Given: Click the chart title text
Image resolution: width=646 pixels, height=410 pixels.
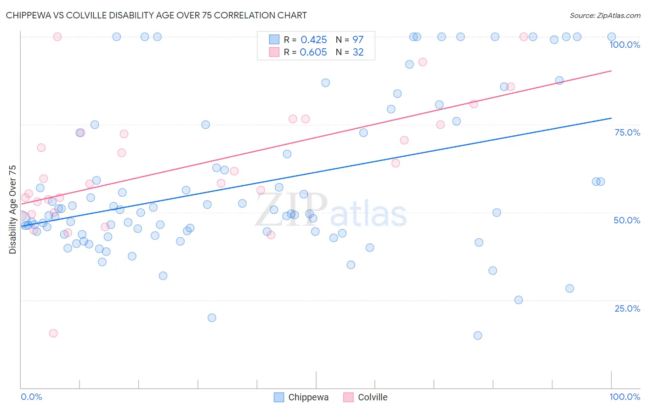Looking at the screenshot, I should (156, 15).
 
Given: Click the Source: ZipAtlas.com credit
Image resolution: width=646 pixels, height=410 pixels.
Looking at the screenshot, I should (605, 15).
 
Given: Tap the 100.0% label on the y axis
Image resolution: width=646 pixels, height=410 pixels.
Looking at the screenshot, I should (624, 45).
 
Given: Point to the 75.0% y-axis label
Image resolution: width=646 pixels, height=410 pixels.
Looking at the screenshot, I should (627, 132).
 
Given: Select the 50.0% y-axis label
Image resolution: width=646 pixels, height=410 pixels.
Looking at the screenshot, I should (627, 220).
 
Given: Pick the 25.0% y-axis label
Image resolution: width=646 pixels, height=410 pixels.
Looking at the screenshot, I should (627, 308).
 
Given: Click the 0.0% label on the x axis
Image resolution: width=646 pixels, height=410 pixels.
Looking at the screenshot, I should (31, 397).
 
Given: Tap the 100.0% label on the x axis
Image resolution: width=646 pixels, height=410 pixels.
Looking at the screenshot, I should (624, 397).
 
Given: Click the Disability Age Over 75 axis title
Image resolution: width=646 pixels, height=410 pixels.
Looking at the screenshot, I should (12, 210).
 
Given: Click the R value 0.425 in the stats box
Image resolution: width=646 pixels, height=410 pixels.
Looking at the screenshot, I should (313, 40).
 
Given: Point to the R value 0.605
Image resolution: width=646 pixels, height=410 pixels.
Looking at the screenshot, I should (313, 52).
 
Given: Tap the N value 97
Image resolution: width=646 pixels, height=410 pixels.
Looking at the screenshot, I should (358, 40).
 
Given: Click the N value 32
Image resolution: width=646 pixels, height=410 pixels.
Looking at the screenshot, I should (358, 52).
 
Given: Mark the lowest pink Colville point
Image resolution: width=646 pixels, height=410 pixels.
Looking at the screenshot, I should (53, 333).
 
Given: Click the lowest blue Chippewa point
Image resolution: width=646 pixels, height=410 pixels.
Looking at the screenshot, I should (478, 336).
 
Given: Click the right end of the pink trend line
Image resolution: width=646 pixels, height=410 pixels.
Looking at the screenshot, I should (611, 71).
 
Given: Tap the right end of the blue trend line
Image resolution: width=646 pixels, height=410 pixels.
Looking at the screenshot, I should (611, 118).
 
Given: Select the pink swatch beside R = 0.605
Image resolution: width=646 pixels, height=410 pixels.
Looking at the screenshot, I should (274, 52).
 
